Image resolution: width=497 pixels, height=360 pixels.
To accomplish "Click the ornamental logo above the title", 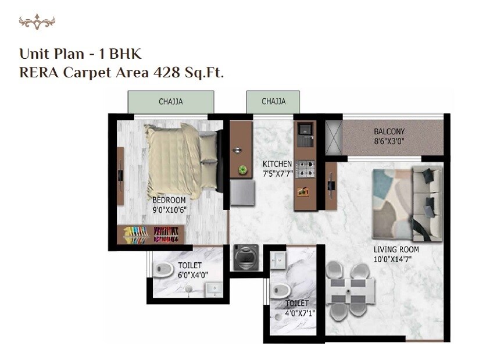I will [37, 22].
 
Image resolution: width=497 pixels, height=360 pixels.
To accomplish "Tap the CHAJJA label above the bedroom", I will [171, 101].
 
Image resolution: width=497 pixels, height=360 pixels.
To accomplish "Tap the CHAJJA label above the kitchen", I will [273, 101].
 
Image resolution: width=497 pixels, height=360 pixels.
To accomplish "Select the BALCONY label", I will [389, 131].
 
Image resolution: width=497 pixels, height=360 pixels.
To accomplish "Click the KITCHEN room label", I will [277, 164].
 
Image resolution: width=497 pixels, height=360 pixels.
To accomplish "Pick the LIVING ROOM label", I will [396, 250].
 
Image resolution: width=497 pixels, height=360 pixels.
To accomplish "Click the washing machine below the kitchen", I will [243, 258].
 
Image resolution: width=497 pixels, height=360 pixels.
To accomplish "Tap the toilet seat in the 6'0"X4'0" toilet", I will [164, 269].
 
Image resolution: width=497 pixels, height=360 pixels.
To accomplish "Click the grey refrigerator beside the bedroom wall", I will [243, 193].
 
